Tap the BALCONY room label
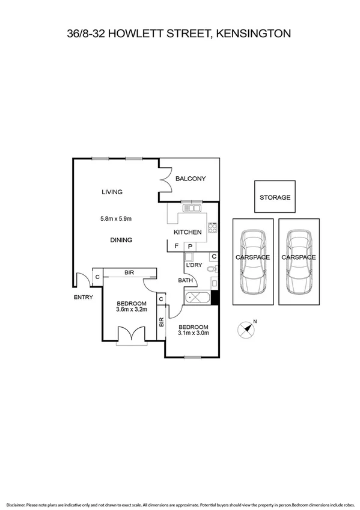191,179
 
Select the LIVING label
112,192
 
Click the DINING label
121,240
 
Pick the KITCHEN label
188,232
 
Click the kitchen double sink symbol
193,209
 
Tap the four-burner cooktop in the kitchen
212,227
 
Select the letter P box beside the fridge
190,246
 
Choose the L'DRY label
194,265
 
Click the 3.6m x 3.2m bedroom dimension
131,310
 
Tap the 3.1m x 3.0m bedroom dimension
193,332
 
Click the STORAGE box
275,197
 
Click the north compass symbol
245,328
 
